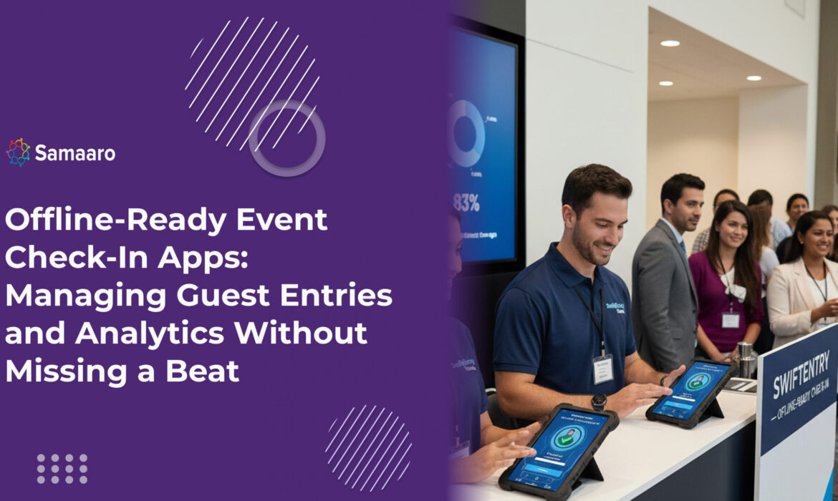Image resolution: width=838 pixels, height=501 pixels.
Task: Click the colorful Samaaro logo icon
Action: pos(18,152)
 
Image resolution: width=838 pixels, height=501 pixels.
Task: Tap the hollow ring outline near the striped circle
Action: pos(287,138)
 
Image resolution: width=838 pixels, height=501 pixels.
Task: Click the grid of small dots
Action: pos(62,468)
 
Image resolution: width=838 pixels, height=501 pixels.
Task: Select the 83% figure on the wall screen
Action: pos(466,203)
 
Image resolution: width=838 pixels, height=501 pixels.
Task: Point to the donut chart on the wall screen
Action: pos(468,133)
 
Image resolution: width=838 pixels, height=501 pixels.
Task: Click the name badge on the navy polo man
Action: pos(602,369)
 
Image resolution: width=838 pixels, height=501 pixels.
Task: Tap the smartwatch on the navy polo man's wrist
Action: pos(599,402)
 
